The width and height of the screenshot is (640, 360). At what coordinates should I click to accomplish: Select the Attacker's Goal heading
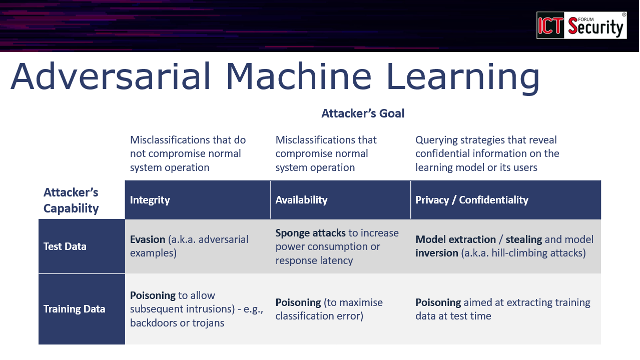tap(362, 114)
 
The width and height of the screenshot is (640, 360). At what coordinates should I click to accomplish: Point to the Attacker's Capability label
tap(70, 200)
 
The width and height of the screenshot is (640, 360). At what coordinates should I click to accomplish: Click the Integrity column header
tap(150, 200)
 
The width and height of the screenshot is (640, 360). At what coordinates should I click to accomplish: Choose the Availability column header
tap(301, 200)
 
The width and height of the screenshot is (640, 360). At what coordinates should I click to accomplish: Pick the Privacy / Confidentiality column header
tap(470, 200)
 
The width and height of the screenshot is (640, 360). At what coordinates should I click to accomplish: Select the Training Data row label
tap(73, 309)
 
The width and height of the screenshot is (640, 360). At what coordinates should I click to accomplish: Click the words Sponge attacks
tap(310, 232)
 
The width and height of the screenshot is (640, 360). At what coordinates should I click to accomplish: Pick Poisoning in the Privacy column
tap(437, 302)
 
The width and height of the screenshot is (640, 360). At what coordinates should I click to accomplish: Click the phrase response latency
tap(314, 260)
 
